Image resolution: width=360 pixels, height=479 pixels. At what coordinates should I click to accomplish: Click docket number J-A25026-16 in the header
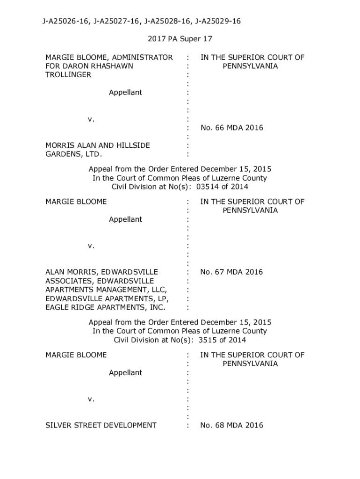click(x=66, y=21)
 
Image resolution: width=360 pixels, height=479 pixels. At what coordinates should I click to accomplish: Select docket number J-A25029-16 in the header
click(x=217, y=21)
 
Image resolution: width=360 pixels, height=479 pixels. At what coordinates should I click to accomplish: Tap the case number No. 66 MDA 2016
click(x=231, y=128)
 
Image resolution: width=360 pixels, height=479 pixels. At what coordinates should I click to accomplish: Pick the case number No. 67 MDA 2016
click(x=231, y=272)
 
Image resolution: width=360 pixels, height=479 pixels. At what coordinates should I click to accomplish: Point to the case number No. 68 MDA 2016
click(x=231, y=425)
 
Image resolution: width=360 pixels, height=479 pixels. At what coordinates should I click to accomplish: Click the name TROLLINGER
click(x=68, y=75)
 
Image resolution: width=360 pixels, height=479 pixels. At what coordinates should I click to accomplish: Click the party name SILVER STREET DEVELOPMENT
click(x=101, y=425)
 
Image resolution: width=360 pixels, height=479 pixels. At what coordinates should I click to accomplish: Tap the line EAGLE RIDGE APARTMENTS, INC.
click(x=105, y=307)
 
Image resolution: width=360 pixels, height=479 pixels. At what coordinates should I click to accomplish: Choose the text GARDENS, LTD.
click(x=73, y=154)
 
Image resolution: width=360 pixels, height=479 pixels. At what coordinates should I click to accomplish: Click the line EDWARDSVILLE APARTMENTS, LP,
click(x=107, y=298)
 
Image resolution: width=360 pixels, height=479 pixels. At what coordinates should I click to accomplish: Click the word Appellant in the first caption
click(x=125, y=93)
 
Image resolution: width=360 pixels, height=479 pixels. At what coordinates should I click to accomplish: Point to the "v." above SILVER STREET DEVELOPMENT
click(x=91, y=399)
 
